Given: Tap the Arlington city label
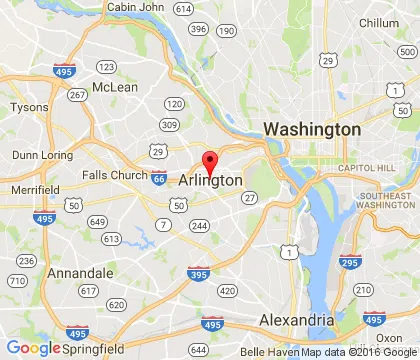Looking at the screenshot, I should (x=210, y=180).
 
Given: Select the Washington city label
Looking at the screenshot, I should (x=311, y=130).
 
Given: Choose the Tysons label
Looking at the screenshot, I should (x=28, y=107).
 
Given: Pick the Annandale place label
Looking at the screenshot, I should (x=78, y=271).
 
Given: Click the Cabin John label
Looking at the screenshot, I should (x=137, y=7).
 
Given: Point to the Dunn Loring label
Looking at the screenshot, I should (x=39, y=155).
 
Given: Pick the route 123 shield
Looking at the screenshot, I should (x=106, y=67).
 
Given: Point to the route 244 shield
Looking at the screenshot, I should (x=200, y=227).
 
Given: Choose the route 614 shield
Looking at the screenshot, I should (x=182, y=9).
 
